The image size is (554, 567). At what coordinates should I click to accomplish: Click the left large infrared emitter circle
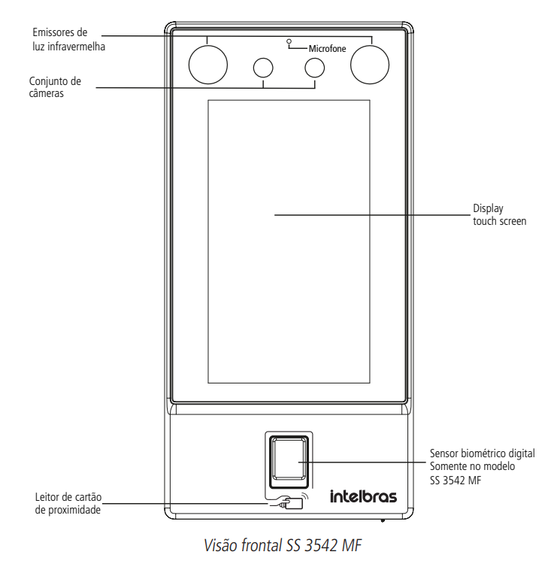207,64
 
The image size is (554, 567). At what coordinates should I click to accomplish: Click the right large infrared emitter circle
369,64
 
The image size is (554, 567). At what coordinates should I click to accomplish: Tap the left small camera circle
263,68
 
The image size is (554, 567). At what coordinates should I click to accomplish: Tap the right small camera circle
314,68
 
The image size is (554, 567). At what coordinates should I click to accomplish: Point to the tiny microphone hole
289,41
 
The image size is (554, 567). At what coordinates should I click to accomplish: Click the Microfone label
327,48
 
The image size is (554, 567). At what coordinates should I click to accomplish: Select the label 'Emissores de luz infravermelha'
63,40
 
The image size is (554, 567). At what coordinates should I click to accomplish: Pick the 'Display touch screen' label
499,215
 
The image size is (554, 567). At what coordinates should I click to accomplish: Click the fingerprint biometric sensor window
287,458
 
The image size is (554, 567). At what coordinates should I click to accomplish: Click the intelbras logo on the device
363,496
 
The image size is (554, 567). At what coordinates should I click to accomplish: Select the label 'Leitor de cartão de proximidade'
68,503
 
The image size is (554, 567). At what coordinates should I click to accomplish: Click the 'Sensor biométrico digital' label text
482,453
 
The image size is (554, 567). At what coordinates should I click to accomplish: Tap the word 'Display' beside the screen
488,209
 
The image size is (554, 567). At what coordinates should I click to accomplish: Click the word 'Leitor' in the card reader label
47,497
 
